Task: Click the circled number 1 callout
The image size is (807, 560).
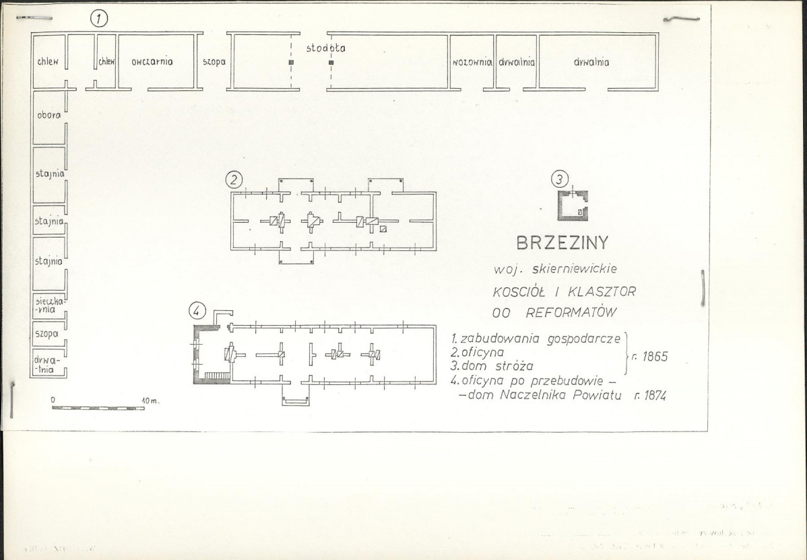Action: [99, 19]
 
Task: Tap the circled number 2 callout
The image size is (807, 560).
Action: [234, 180]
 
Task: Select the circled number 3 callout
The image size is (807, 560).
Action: [560, 180]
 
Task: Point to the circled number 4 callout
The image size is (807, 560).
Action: [197, 310]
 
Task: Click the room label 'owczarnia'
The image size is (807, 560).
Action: [152, 62]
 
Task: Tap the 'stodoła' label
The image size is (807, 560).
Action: [326, 48]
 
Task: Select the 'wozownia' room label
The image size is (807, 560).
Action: [472, 63]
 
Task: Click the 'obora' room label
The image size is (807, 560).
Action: [49, 115]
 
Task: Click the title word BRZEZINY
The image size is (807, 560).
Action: [562, 243]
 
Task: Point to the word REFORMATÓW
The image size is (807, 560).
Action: [571, 312]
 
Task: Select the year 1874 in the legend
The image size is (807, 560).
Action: [650, 396]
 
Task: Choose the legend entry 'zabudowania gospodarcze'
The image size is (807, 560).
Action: [536, 339]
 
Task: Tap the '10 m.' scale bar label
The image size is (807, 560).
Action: [150, 400]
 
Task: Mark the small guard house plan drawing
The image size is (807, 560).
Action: [573, 206]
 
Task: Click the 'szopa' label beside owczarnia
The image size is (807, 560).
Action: [214, 62]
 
